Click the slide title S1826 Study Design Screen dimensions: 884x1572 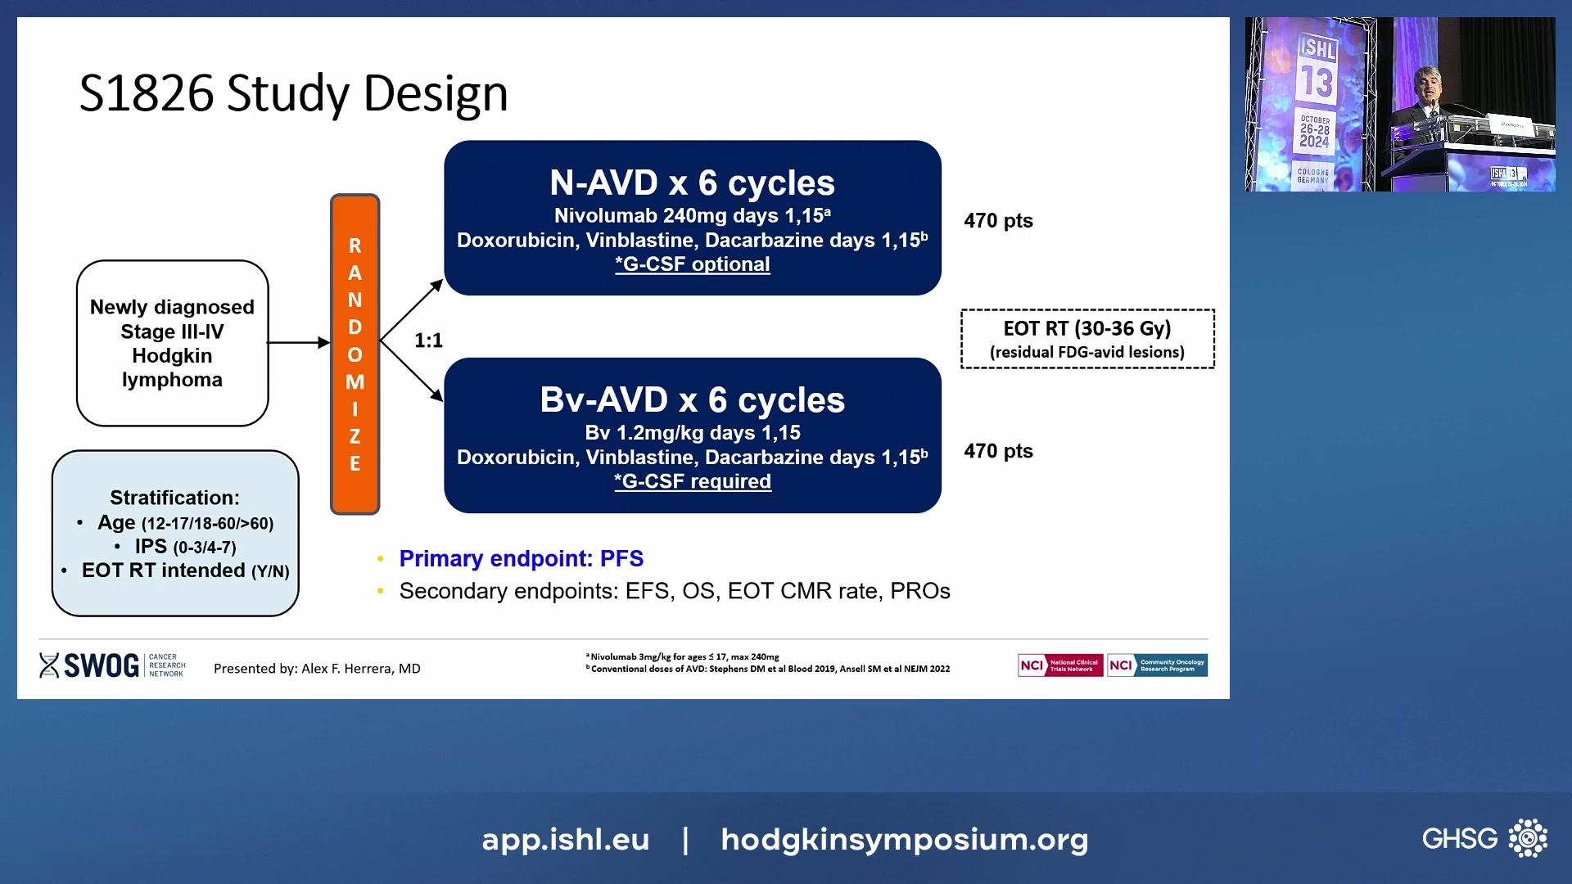[293, 92]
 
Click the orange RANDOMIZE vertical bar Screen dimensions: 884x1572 [355, 354]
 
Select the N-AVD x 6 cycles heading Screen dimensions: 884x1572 [692, 183]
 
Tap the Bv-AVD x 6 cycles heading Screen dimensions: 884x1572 [692, 399]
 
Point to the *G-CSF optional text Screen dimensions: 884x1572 [692, 264]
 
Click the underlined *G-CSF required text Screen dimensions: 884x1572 [692, 481]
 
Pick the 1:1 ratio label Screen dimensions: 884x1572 [428, 341]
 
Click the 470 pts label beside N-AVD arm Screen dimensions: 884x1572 [998, 221]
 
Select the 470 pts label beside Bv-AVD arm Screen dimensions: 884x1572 [998, 451]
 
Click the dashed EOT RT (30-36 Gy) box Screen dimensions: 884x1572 [1086, 339]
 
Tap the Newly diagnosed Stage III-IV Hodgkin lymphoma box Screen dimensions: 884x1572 [172, 343]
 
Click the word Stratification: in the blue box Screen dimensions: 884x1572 [174, 498]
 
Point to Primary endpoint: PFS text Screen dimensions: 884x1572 [521, 558]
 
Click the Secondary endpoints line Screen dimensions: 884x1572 [674, 591]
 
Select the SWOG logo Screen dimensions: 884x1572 [90, 665]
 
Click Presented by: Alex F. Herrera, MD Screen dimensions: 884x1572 [317, 669]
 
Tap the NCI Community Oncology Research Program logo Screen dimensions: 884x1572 [1157, 665]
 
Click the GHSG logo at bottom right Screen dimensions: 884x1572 [1484, 838]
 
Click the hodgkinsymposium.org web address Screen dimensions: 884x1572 [904, 840]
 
